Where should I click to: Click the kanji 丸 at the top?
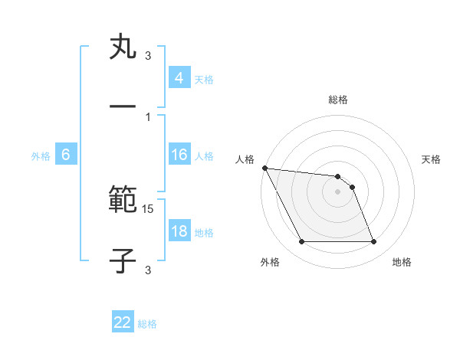[x=123, y=48]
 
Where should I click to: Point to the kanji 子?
[x=123, y=260]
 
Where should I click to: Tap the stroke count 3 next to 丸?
[x=148, y=56]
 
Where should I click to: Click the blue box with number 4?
[x=179, y=78]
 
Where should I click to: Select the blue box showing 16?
[x=179, y=155]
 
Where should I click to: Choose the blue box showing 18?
[x=179, y=231]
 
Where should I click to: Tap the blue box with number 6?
[x=66, y=155]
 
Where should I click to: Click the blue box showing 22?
[x=123, y=322]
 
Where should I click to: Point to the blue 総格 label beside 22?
[x=147, y=324]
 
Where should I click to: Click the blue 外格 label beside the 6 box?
[x=41, y=156]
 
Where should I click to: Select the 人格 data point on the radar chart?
[x=264, y=168]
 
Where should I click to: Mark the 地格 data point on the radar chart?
[x=373, y=242]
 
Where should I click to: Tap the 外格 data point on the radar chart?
[x=301, y=242]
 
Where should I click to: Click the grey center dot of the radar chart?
[x=337, y=191]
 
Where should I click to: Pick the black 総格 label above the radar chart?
[x=338, y=100]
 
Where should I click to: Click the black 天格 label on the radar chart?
[x=432, y=159]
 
